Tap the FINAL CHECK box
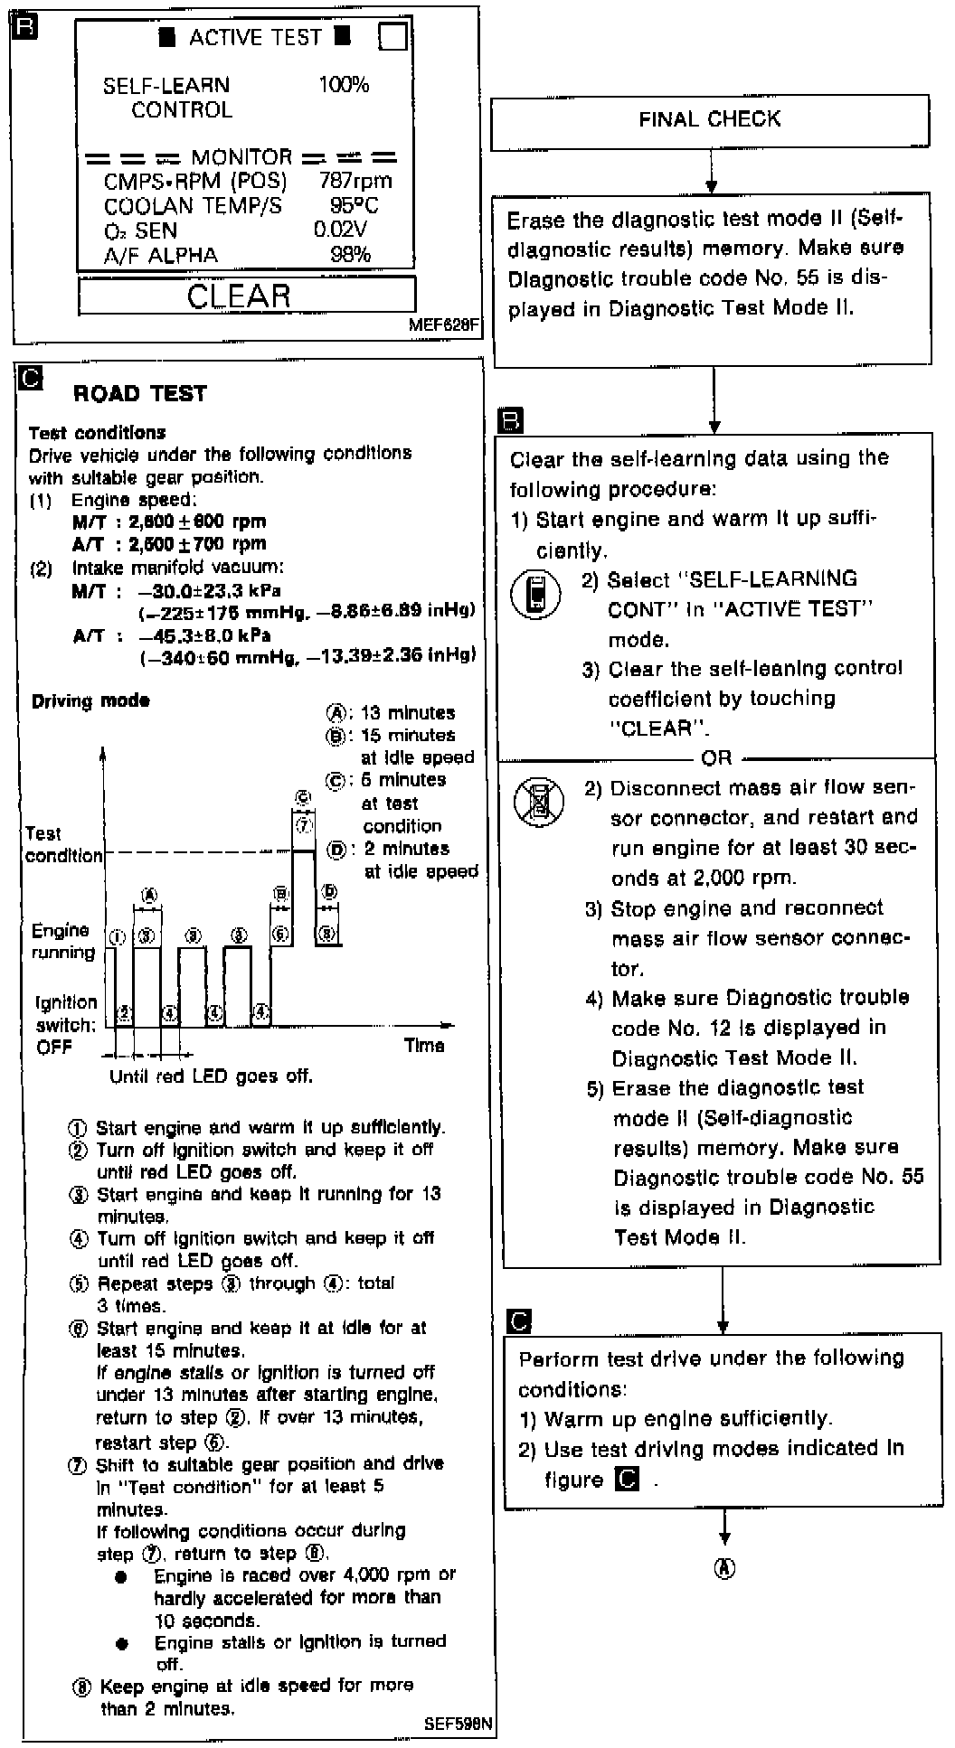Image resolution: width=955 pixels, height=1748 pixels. tap(709, 120)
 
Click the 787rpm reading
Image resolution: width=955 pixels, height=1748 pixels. tap(355, 181)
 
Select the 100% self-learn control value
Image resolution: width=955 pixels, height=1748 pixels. tap(344, 85)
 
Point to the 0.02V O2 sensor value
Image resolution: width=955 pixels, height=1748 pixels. tap(341, 230)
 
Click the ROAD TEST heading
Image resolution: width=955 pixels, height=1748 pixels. tap(140, 393)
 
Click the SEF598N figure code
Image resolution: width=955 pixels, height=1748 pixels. tap(459, 1723)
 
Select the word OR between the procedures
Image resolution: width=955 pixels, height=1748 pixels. tap(716, 758)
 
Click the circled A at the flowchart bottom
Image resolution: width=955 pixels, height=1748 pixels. tap(724, 1568)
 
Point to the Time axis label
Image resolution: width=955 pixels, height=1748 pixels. tap(424, 1045)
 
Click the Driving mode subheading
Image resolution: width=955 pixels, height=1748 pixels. tap(90, 700)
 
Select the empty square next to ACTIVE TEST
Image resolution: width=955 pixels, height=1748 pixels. tap(392, 36)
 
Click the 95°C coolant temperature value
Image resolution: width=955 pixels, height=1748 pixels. tap(355, 205)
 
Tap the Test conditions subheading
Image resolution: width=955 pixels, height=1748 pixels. tap(97, 433)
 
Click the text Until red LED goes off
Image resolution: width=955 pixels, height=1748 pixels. tap(211, 1076)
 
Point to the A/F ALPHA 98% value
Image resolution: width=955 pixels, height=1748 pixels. tap(351, 255)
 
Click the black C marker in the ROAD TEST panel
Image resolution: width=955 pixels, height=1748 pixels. tap(32, 378)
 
